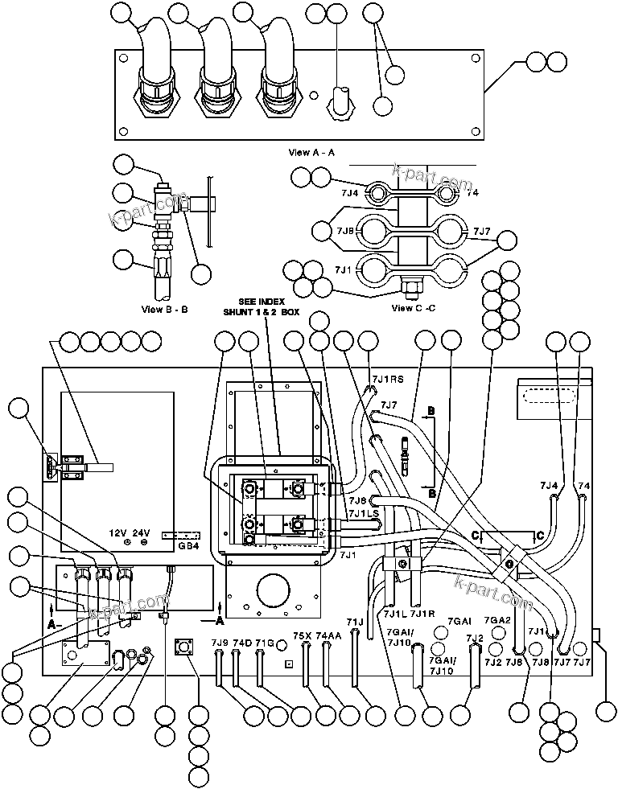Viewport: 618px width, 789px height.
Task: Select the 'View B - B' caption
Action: coord(164,308)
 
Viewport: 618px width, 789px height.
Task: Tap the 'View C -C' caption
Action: coord(413,307)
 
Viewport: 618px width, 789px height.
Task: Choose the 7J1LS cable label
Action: coord(363,513)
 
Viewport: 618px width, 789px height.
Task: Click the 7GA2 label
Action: coord(498,620)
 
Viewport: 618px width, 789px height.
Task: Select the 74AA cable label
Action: coord(328,635)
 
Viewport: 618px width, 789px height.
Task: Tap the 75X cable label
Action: coord(302,635)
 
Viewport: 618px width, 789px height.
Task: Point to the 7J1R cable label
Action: coord(422,614)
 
